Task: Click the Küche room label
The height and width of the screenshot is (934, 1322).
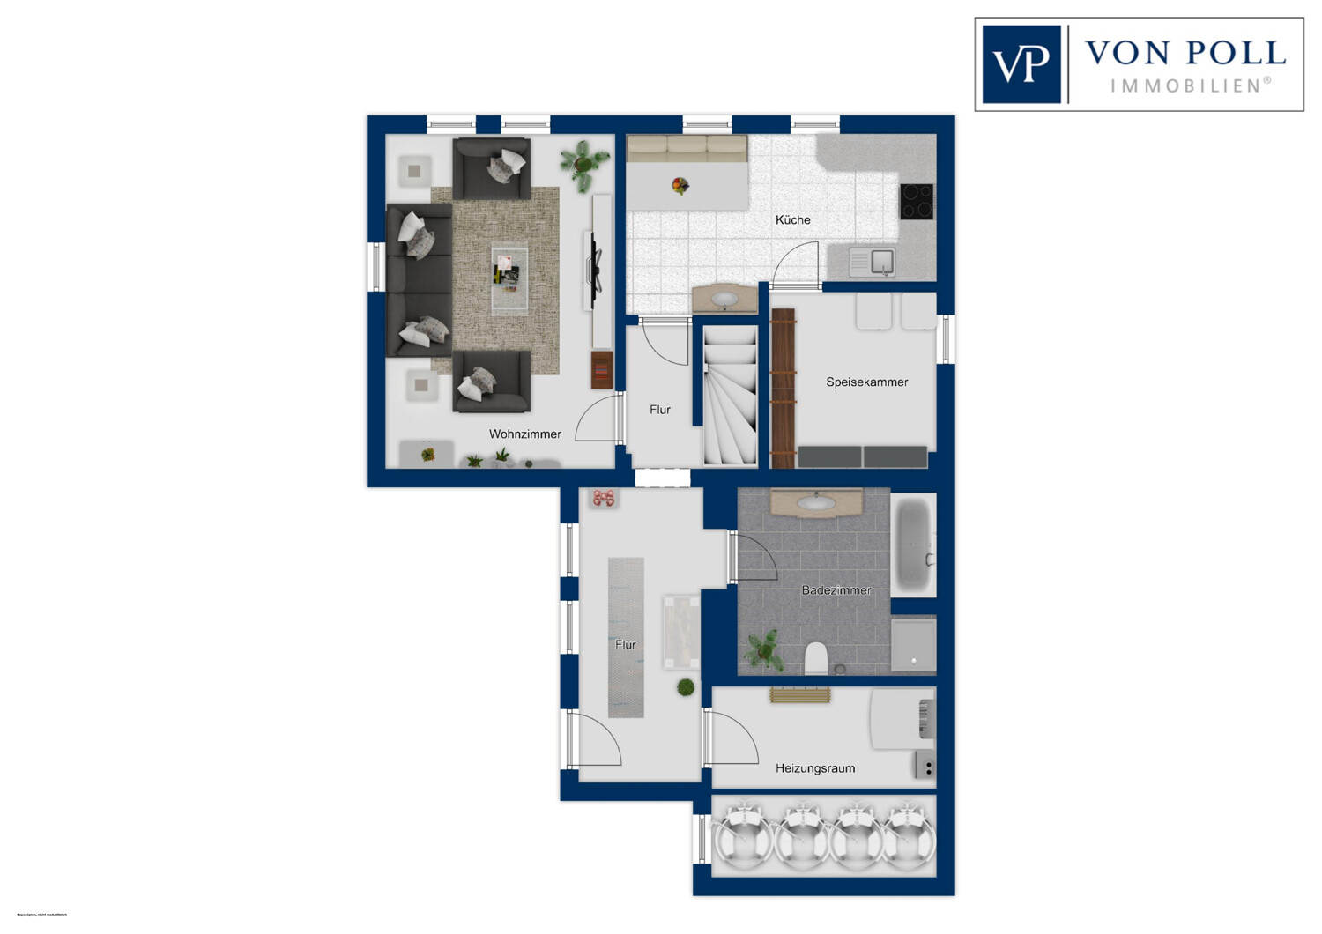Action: pos(792,220)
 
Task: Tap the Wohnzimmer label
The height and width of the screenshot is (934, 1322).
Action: pos(525,434)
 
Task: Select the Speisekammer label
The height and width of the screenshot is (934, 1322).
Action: pos(866,382)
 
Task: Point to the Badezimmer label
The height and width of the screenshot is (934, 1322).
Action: pos(836,590)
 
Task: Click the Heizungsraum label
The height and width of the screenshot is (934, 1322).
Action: pos(814,768)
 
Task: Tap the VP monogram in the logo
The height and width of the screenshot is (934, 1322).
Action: pos(1021,64)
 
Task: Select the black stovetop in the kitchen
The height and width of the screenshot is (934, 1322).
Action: pos(916,201)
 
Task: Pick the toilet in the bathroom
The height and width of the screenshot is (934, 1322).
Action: pos(816,657)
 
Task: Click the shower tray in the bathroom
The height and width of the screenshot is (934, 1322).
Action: pos(913,644)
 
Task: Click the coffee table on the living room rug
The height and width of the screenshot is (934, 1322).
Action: pos(509,277)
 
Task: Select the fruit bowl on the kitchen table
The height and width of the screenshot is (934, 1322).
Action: pos(680,186)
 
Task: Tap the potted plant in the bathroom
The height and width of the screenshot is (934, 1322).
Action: pos(763,649)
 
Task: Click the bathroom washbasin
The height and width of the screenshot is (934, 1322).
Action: pos(816,503)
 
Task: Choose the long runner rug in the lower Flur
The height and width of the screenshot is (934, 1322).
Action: pos(626,636)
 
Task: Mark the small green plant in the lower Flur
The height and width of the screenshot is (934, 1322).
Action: pos(686,687)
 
